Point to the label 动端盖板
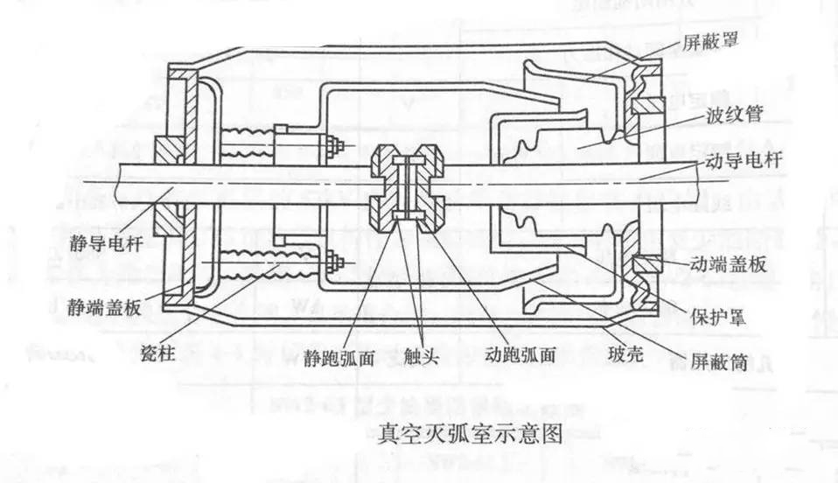click(x=732, y=263)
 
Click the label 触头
click(x=422, y=357)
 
